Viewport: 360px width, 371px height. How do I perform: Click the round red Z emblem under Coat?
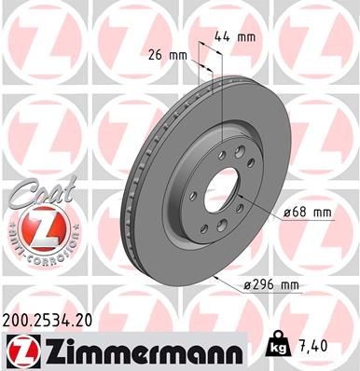point(34,227)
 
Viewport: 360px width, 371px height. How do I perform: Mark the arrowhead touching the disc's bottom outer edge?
point(216,277)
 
